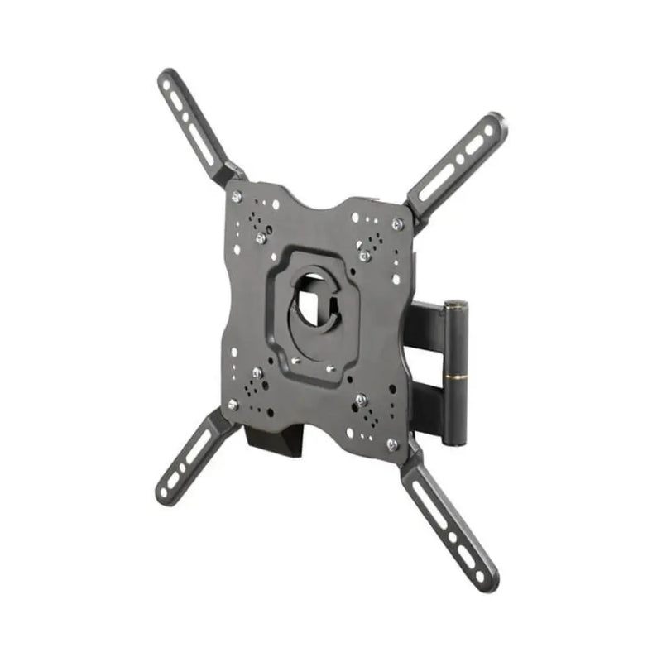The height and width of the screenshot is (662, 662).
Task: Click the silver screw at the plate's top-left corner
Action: (x=237, y=196)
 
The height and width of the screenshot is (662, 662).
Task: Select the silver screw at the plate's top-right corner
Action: (x=397, y=223)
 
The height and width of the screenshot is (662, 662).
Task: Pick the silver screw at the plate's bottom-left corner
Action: (x=233, y=404)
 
